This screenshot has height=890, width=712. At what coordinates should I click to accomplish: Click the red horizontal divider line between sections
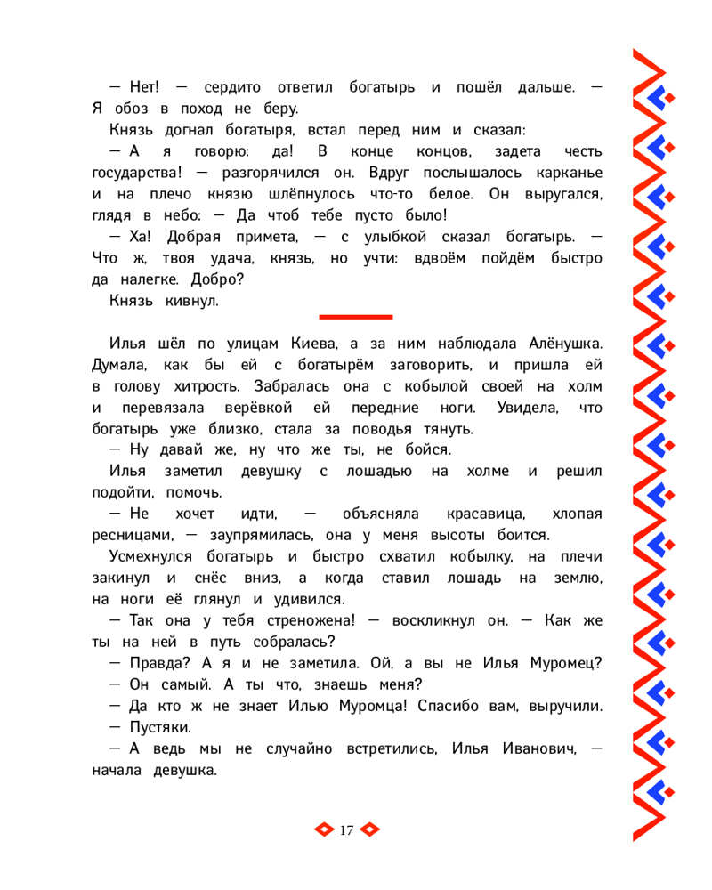click(x=355, y=316)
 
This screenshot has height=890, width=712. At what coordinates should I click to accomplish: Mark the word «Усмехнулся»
click(x=151, y=557)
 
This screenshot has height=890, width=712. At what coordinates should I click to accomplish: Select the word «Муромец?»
click(x=563, y=664)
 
